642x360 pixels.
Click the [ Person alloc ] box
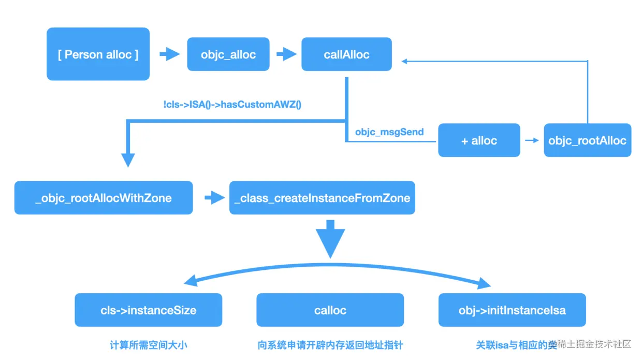coord(98,54)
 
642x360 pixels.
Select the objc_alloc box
coord(228,54)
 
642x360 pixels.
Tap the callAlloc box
coord(346,54)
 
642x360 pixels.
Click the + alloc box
coord(479,140)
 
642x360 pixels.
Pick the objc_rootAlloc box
coord(587,140)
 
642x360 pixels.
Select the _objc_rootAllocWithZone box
coord(104,198)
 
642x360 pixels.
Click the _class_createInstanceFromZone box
coord(322,198)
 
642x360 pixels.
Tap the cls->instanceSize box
coord(148,310)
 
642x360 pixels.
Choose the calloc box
coord(330,310)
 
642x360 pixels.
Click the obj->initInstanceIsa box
coord(512,310)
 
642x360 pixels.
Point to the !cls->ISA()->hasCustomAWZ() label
coord(232,105)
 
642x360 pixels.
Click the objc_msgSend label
coord(389,132)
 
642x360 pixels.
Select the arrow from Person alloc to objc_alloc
coord(169,54)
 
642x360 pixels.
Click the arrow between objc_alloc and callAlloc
coord(285,54)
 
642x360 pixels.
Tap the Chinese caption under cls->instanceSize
coord(148,344)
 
